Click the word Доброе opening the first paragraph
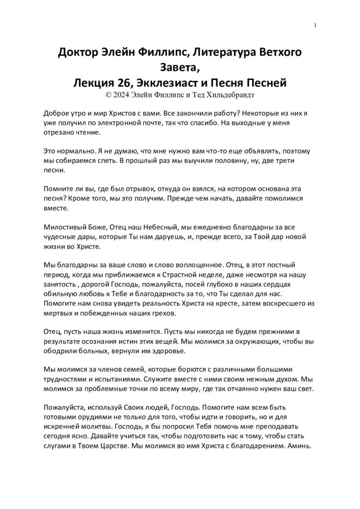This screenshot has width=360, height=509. click(x=57, y=113)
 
